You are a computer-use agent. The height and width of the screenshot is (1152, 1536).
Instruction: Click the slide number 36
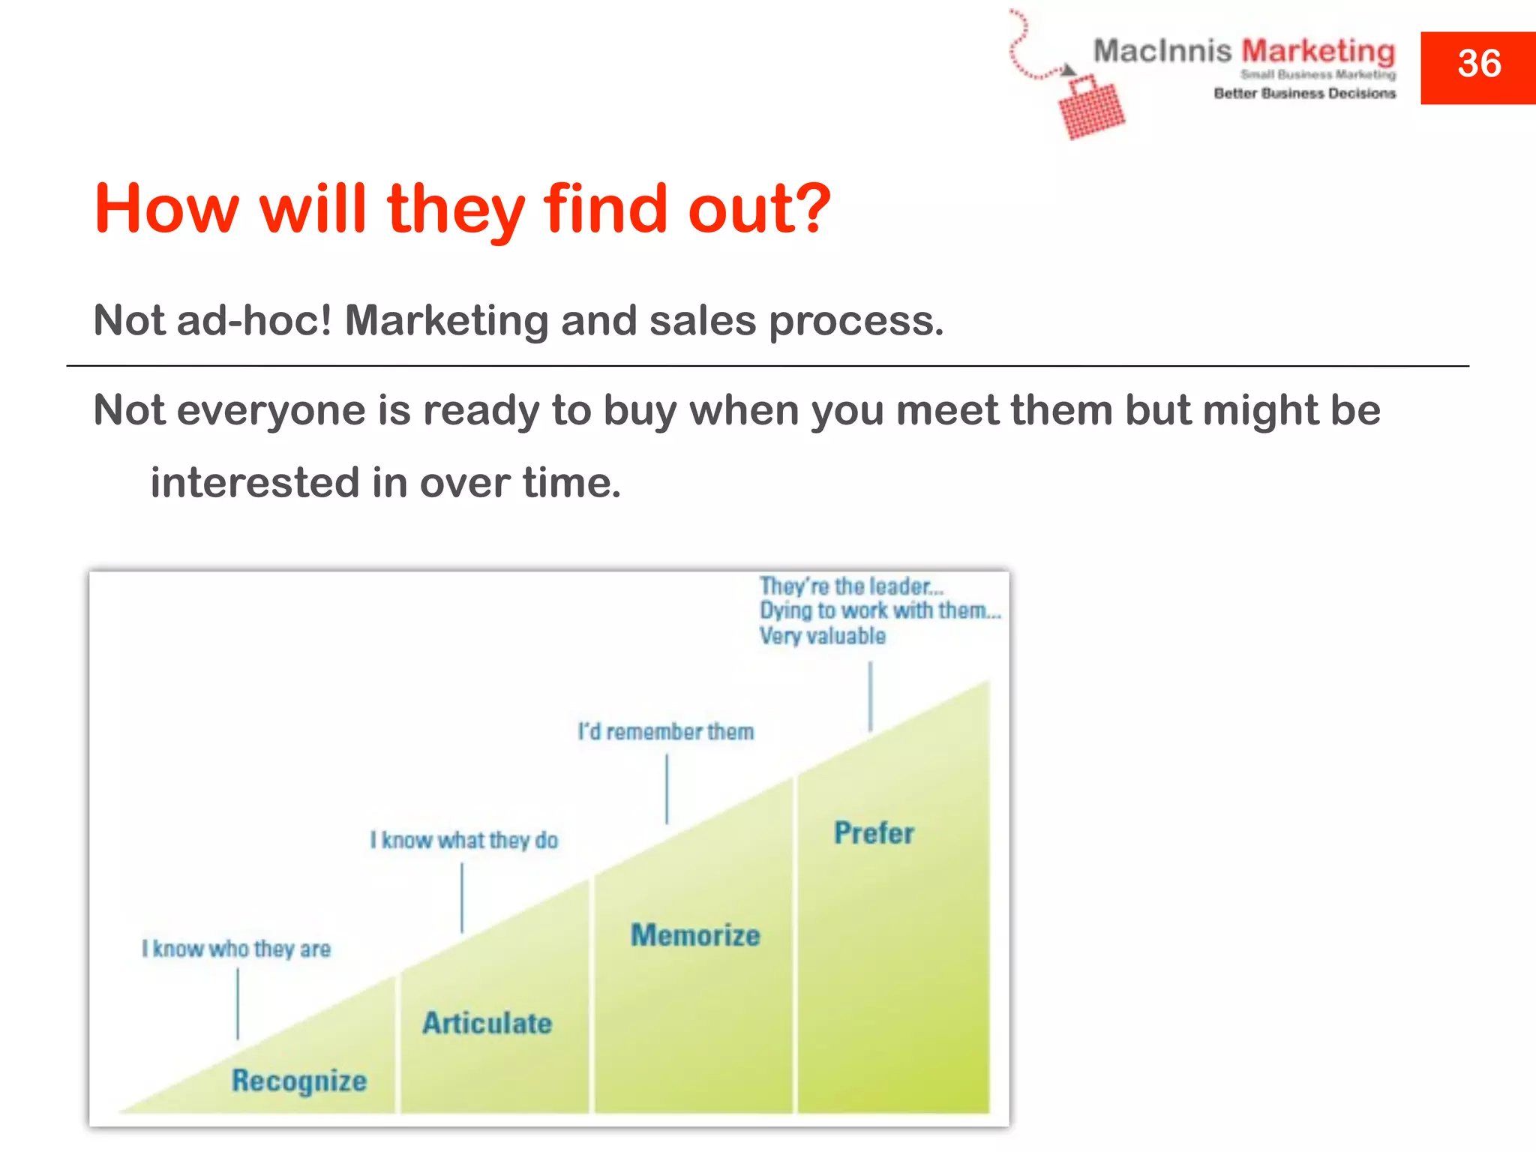click(1478, 64)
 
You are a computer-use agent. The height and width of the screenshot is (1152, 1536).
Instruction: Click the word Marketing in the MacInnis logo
click(1318, 51)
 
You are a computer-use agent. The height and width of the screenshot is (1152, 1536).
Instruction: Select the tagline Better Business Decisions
click(1304, 94)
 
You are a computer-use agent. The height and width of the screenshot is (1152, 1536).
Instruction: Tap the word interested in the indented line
click(255, 482)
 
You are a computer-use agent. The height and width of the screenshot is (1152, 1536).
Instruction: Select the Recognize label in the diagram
click(299, 1081)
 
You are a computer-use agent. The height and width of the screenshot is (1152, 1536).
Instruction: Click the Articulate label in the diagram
click(487, 1023)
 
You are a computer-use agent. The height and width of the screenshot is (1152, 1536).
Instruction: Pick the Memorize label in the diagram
click(695, 935)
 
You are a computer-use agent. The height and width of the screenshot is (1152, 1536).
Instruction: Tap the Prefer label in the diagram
click(874, 833)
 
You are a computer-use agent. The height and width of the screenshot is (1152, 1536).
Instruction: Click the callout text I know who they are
click(236, 949)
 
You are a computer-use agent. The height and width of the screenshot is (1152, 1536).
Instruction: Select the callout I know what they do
click(464, 840)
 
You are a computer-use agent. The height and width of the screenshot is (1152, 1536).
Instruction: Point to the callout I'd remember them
click(665, 731)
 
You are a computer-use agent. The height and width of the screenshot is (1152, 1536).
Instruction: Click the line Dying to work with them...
click(880, 610)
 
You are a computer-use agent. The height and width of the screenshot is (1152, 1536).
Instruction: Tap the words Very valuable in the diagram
click(822, 636)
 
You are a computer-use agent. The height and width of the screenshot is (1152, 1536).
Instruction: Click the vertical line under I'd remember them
click(667, 789)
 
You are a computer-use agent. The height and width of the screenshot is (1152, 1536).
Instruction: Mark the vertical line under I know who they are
click(238, 1003)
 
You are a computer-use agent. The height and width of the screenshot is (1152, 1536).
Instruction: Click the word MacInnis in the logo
click(1162, 51)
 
